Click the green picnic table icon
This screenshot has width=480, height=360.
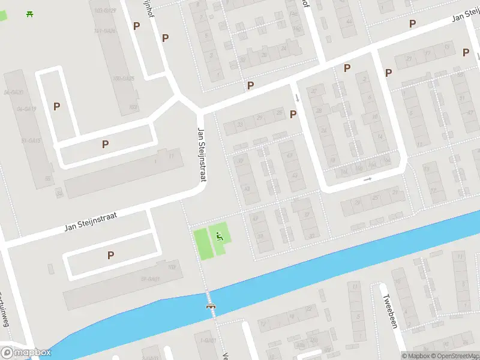point(29,13)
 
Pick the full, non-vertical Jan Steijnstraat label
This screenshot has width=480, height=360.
point(91,221)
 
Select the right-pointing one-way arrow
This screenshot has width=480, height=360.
point(368,179)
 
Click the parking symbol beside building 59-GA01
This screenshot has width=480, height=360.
point(110,255)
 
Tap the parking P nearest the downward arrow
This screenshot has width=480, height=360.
point(293,114)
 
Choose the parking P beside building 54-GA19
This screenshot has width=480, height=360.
point(57,106)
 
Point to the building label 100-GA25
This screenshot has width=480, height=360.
point(123,79)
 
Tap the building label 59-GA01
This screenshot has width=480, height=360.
point(150,278)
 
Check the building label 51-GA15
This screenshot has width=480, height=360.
point(31,140)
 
